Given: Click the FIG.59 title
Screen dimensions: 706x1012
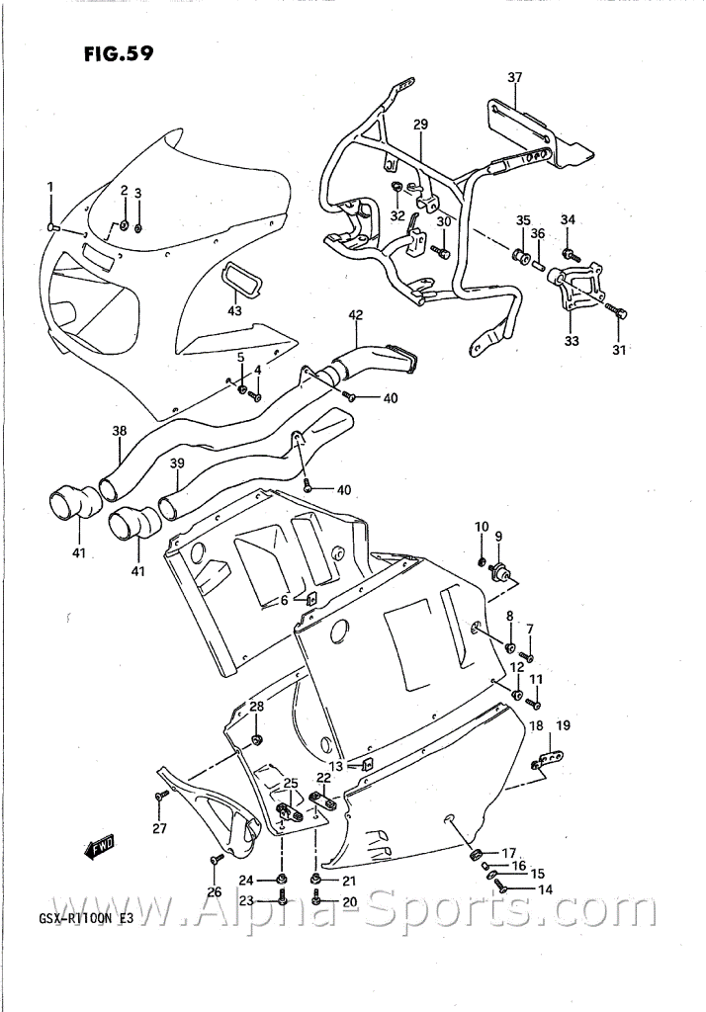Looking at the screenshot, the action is point(119,53).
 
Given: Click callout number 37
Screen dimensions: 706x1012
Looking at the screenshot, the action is point(514,77).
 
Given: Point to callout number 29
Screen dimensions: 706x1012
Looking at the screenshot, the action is point(420,125).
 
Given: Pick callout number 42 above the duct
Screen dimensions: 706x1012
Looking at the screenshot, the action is point(355,315).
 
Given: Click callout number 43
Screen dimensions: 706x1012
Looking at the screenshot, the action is point(234,311).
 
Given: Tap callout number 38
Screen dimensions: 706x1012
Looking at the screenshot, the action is point(120,431).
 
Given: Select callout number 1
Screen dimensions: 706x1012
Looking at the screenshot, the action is point(50,187).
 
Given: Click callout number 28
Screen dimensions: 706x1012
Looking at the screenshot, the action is point(256,707).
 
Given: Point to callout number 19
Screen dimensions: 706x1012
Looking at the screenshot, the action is point(563,725).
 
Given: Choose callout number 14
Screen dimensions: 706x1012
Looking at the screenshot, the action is point(545,890).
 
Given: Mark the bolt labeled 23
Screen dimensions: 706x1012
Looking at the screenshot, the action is point(281,897).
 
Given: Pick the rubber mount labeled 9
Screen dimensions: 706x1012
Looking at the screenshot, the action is point(500,571).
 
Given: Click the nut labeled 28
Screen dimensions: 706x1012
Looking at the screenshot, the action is point(256,738).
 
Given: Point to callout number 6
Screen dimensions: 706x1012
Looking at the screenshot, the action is point(284,600).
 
